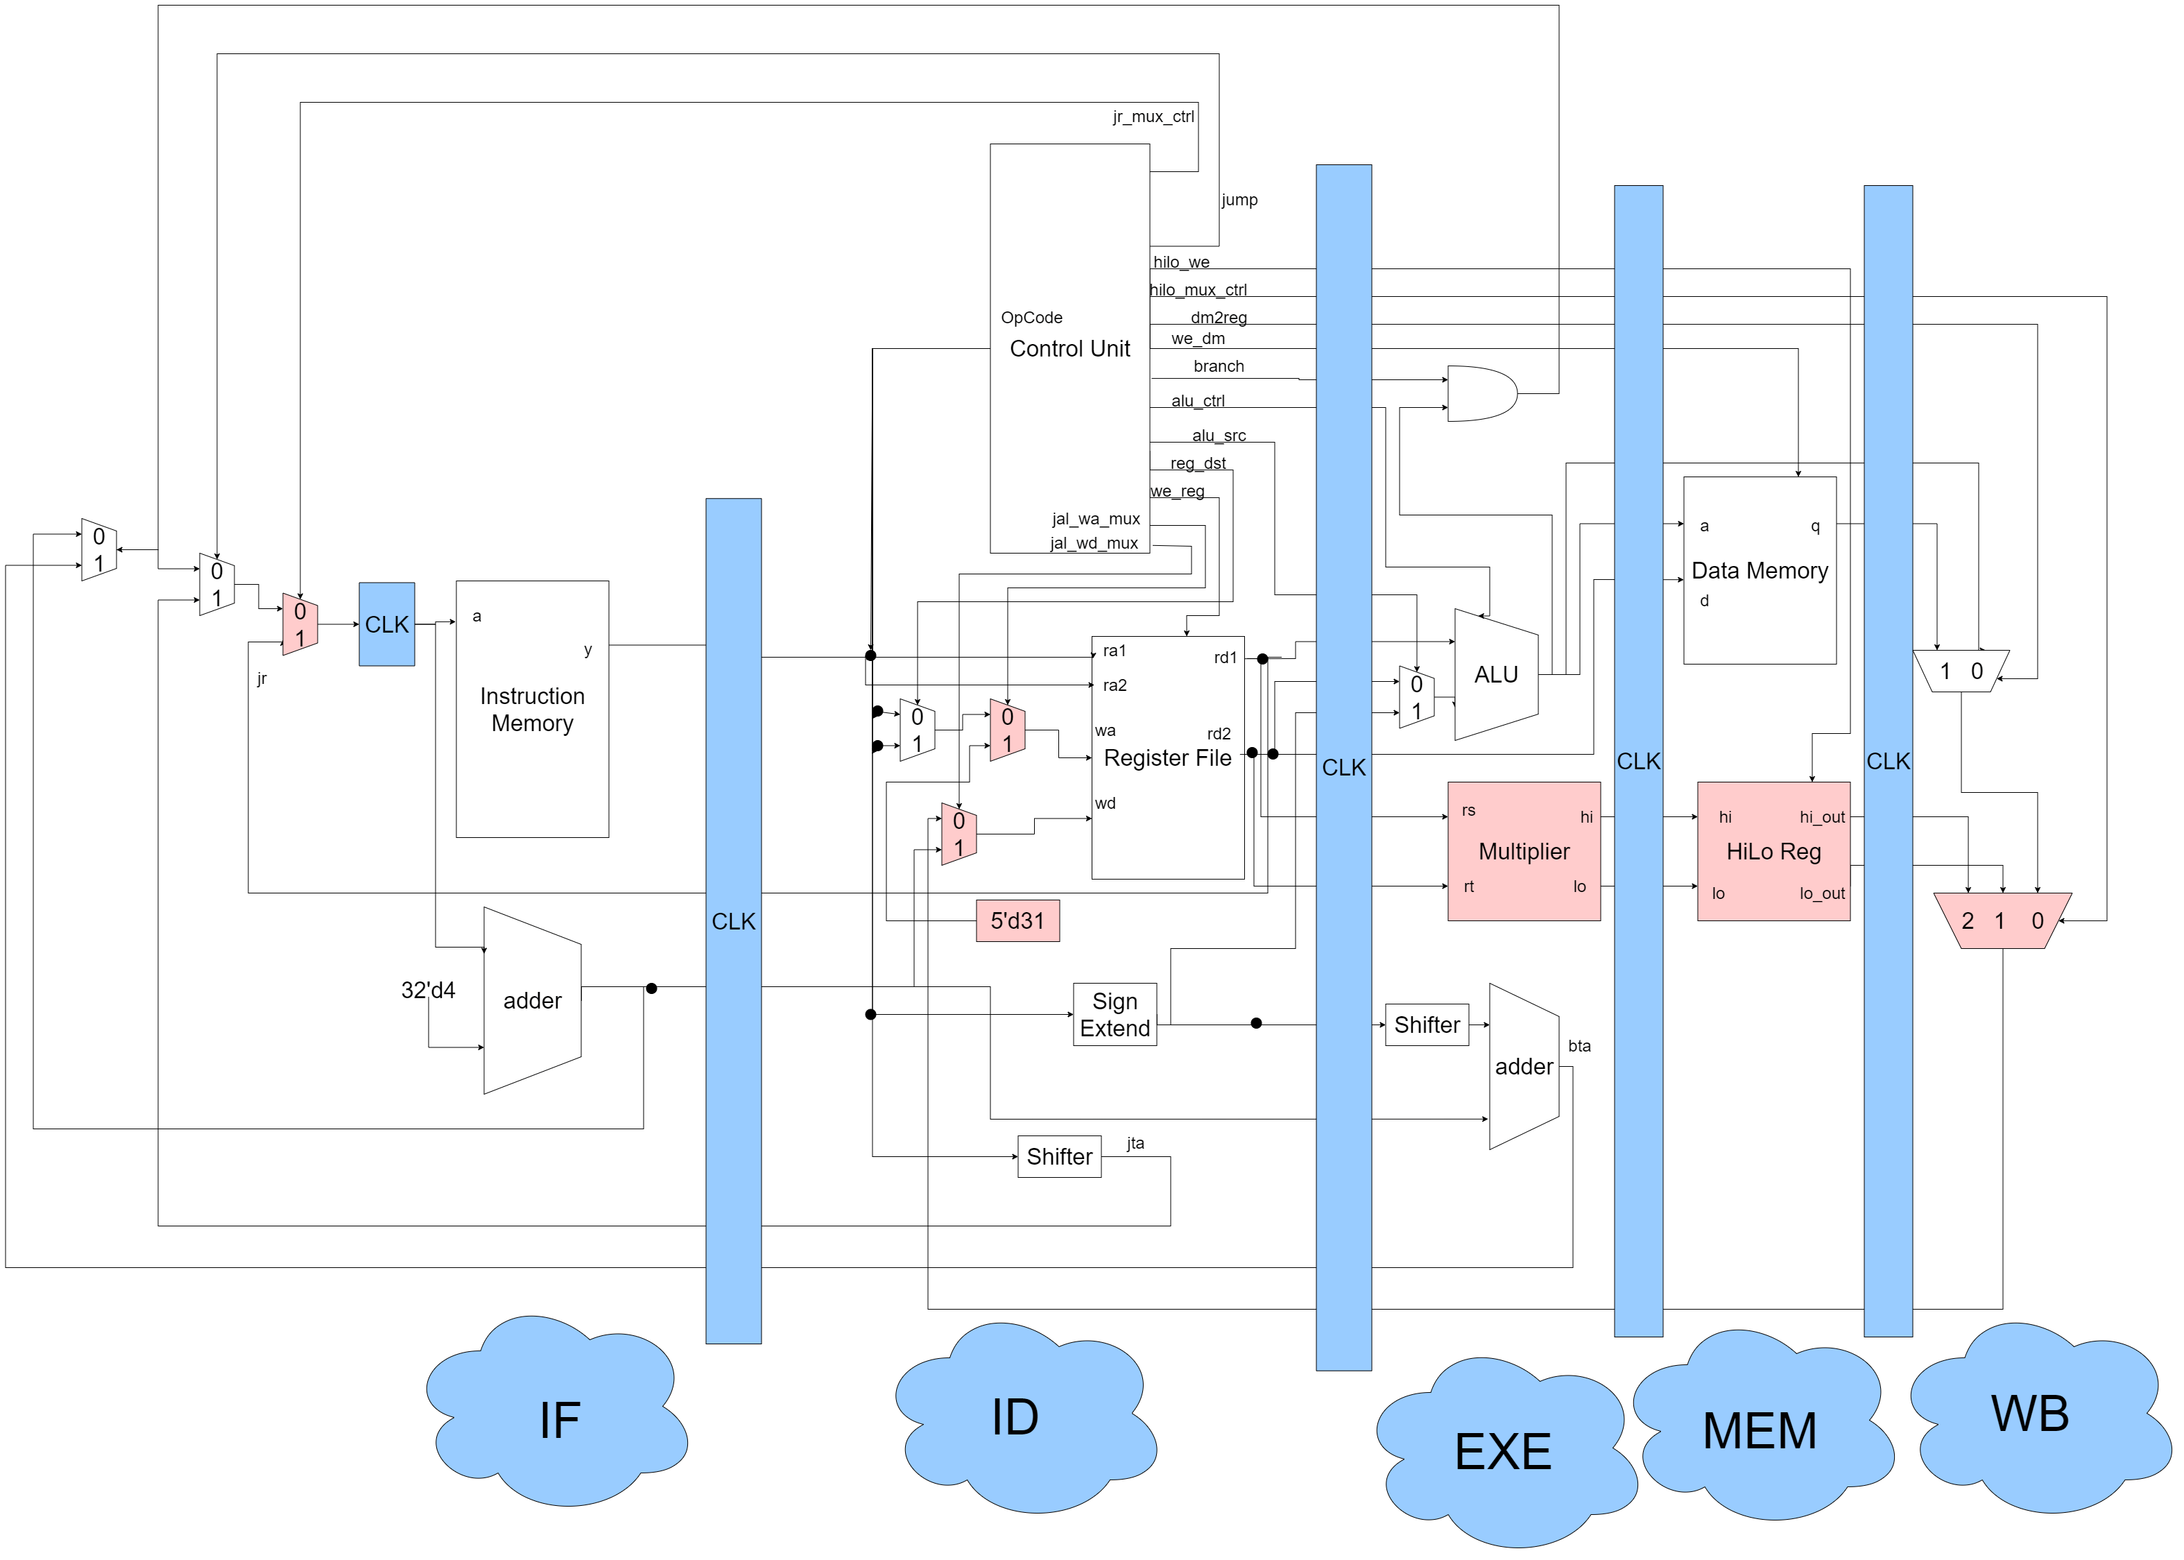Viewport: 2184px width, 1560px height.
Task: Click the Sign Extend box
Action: click(1114, 1014)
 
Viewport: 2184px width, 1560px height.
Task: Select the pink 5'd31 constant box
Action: click(1017, 921)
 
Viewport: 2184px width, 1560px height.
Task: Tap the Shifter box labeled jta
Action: click(1058, 1156)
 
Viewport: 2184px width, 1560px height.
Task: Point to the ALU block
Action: click(1495, 676)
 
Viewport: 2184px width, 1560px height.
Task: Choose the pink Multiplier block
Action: click(1523, 851)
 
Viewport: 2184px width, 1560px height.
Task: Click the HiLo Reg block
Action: click(1773, 851)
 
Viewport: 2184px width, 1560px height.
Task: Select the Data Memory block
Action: click(1759, 571)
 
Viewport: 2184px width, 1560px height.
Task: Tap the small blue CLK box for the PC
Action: click(387, 624)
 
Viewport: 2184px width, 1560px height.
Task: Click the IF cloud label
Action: click(559, 1420)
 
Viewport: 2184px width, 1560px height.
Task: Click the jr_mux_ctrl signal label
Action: click(1153, 117)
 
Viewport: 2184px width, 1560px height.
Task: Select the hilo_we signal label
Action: click(1181, 262)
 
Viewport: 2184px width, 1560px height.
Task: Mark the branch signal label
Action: click(1218, 366)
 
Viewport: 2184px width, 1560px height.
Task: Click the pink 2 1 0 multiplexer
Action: click(2002, 920)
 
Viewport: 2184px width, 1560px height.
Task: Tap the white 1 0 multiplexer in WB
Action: click(1960, 671)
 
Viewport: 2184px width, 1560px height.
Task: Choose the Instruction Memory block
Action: click(532, 709)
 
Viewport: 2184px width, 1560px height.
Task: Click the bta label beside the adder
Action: click(1579, 1046)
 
